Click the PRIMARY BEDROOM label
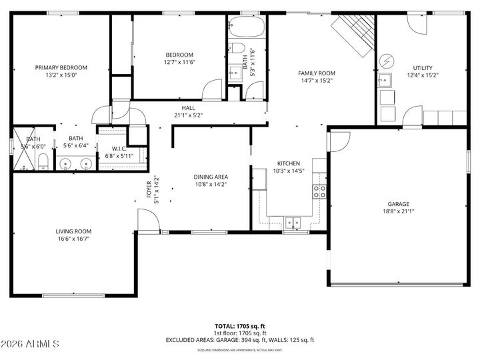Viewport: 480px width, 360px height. click(x=61, y=67)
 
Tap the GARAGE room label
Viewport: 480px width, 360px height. click(x=399, y=204)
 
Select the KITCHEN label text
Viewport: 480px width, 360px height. click(x=289, y=163)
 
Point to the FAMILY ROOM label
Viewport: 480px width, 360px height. click(x=316, y=73)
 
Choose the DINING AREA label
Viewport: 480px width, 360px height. click(x=211, y=177)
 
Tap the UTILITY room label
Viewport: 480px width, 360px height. click(x=423, y=67)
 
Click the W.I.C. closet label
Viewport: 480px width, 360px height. click(x=119, y=148)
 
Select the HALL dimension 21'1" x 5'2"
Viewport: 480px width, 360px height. click(x=188, y=115)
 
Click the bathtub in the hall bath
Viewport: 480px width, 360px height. click(x=246, y=29)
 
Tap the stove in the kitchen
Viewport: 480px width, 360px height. click(x=320, y=192)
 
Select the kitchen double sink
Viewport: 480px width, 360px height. click(x=292, y=222)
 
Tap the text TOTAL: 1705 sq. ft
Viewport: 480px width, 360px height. click(x=239, y=326)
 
